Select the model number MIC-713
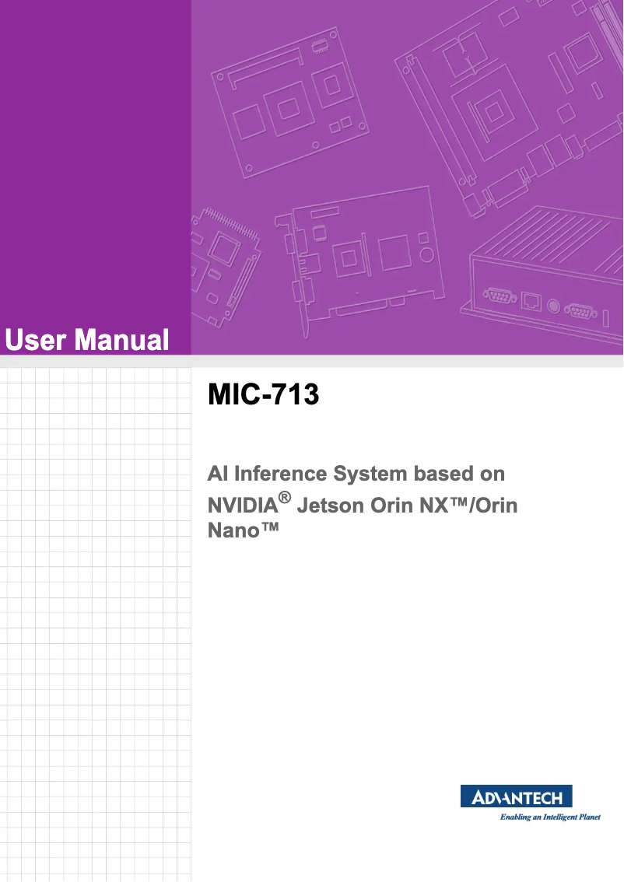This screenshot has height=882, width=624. (x=263, y=395)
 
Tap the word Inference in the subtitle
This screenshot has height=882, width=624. (x=282, y=474)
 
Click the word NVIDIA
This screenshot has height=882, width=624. (x=242, y=506)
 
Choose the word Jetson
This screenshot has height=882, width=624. (x=330, y=506)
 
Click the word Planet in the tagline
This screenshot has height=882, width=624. (x=589, y=817)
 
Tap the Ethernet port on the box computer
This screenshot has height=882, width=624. (x=532, y=300)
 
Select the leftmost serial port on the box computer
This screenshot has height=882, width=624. (x=497, y=294)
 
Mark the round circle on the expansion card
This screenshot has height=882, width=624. (x=426, y=255)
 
